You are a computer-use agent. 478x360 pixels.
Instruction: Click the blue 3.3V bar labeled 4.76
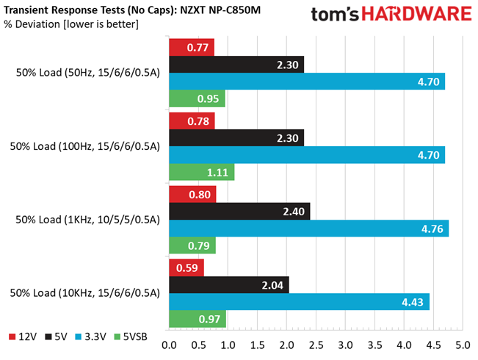308,229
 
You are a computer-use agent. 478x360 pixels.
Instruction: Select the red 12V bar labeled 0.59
187,267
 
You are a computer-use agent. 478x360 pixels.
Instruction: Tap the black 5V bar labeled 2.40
239,212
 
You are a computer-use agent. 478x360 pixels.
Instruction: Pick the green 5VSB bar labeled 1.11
201,173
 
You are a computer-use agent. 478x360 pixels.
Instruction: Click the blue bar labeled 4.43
299,302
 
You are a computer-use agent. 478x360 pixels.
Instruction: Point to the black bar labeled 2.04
228,284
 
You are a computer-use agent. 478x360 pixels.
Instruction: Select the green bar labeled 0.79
192,246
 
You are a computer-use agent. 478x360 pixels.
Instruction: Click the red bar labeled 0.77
192,48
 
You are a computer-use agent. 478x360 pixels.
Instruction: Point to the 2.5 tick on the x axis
316,345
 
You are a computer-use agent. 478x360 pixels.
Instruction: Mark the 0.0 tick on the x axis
170,345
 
